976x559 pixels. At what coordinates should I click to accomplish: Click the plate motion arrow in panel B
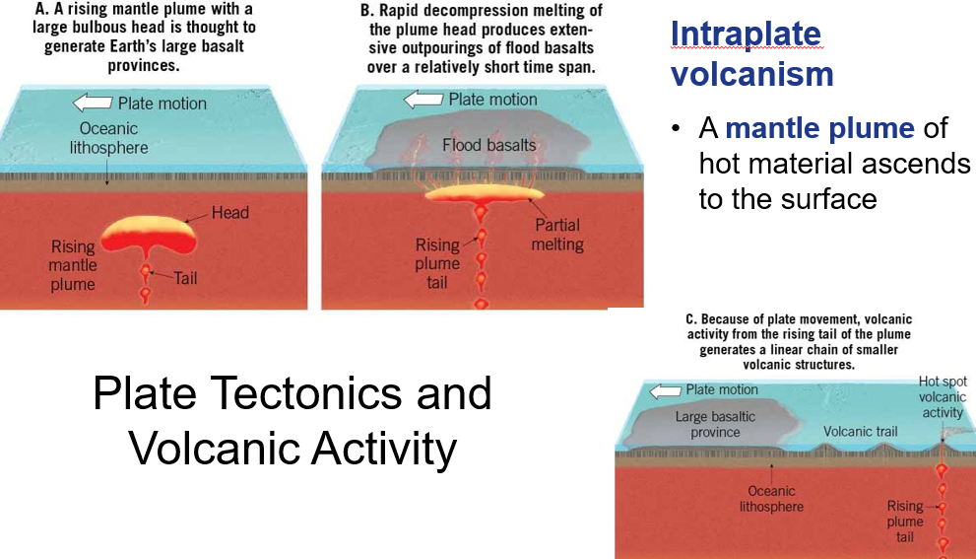[423, 99]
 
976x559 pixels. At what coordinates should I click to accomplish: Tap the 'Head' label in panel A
[230, 213]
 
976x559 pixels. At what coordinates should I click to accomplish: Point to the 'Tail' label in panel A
[185, 278]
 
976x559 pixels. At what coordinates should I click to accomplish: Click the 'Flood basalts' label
[489, 145]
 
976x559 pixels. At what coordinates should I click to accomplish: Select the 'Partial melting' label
[557, 235]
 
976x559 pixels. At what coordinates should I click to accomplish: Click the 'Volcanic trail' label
[861, 431]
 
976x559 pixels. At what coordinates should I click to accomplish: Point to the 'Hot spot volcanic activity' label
[942, 397]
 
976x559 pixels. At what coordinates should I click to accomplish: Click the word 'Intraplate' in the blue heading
[746, 35]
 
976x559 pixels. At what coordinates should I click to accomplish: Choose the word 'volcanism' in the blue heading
[752, 74]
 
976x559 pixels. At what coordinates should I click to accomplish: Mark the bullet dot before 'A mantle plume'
[677, 130]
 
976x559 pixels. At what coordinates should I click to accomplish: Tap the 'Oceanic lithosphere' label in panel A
[108, 138]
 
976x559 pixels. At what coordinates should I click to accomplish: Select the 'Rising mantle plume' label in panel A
[73, 265]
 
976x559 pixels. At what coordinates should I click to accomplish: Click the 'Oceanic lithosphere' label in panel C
[771, 499]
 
